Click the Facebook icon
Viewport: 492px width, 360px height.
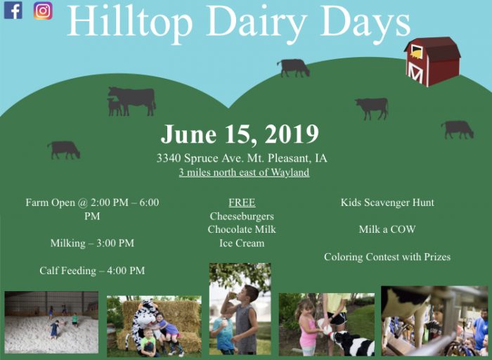(x=13, y=11)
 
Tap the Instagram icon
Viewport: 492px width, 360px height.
(x=43, y=11)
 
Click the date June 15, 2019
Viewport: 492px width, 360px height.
(x=240, y=134)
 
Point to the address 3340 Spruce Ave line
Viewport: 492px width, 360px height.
(x=242, y=158)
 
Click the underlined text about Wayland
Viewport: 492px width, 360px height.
(x=243, y=172)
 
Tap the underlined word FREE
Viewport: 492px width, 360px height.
(x=242, y=202)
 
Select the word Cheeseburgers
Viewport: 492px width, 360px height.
(x=242, y=216)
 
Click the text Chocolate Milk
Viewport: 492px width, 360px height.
(x=242, y=229)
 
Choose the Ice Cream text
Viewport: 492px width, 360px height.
(x=242, y=243)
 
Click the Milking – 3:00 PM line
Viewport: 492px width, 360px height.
(x=92, y=243)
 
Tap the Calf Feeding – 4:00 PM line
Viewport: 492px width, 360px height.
(x=92, y=270)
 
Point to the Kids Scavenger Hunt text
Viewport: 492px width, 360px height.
(x=387, y=202)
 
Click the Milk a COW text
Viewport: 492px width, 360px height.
(x=387, y=229)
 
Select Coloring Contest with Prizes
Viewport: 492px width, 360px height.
(x=387, y=257)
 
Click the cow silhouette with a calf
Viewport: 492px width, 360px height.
(x=131, y=100)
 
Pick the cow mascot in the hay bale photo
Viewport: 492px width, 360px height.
(x=145, y=321)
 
